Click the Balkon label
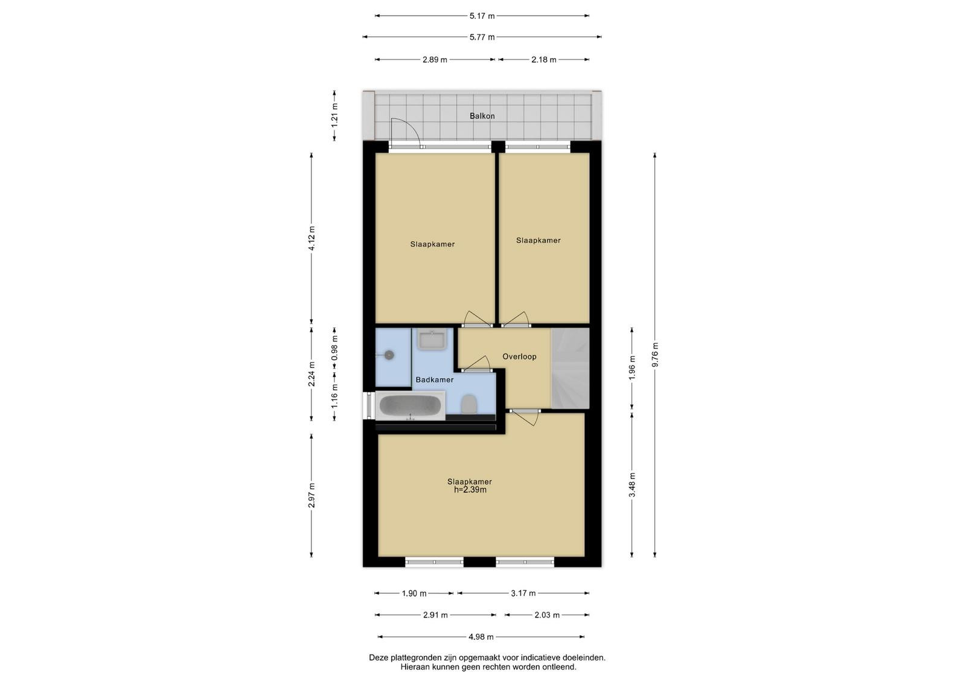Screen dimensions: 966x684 (482, 115)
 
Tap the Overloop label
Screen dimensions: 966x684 (519, 357)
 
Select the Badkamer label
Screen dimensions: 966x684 (434, 379)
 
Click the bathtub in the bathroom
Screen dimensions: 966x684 (410, 405)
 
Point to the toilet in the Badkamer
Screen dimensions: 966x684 (469, 404)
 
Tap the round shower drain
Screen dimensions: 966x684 (389, 355)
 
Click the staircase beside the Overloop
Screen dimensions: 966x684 (570, 368)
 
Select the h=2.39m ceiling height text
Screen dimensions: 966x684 (470, 490)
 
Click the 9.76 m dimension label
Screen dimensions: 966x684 (654, 355)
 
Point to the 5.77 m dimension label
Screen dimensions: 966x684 (482, 37)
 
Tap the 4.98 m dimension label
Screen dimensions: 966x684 (481, 637)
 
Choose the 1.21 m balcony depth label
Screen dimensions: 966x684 (334, 115)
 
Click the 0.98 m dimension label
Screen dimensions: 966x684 (334, 348)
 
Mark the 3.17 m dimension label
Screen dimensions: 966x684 (523, 593)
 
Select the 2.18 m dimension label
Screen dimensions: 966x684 (543, 60)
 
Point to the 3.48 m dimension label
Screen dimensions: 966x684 (632, 485)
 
